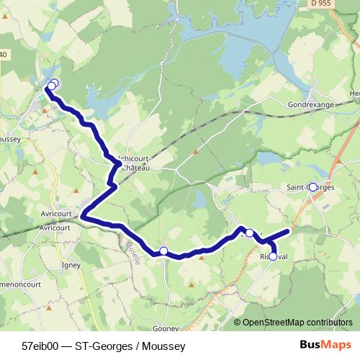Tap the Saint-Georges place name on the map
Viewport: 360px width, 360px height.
(x=310, y=187)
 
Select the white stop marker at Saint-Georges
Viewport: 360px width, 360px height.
(x=312, y=186)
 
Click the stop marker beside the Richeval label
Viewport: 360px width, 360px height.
(x=273, y=256)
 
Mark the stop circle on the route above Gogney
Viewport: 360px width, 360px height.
(x=163, y=251)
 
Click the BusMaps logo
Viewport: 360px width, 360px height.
(x=325, y=346)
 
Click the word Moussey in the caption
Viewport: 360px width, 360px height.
(x=165, y=346)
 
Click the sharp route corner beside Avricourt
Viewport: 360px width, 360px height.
(x=83, y=215)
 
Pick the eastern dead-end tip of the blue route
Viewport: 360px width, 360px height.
(x=289, y=231)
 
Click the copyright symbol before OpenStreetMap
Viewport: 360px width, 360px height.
(x=238, y=323)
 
